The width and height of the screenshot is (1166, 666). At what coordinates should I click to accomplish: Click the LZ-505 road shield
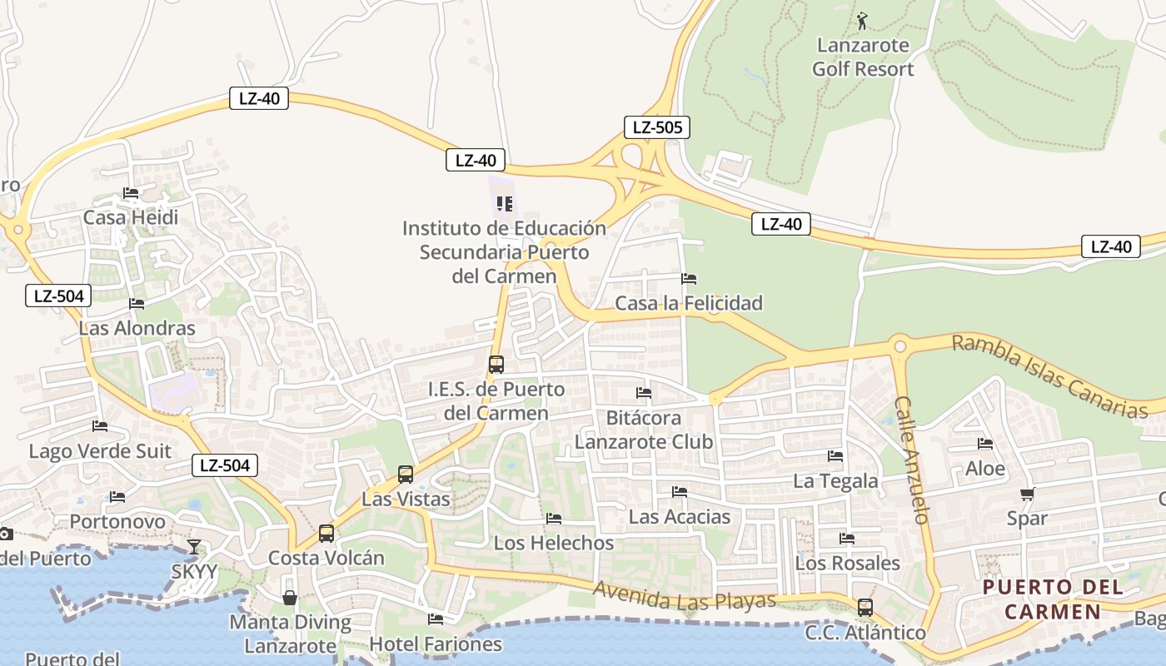656,127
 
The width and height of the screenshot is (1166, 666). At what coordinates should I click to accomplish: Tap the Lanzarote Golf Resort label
863,57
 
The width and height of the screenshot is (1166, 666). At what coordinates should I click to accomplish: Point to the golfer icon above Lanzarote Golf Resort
862,20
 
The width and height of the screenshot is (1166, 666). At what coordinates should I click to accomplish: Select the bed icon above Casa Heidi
131,193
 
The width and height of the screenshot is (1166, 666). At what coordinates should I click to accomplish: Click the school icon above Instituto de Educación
504,203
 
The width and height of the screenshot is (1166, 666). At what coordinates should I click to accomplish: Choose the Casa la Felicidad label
688,303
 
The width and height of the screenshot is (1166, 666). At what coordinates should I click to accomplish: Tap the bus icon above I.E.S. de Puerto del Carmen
496,364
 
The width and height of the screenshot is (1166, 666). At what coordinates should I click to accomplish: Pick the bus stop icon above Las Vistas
406,475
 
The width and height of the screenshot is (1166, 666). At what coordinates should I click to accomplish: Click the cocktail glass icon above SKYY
194,547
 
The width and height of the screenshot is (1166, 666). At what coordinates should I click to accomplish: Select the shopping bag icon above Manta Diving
290,598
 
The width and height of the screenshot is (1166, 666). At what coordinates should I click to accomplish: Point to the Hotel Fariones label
436,644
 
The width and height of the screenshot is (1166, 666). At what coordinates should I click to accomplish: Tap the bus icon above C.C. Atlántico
865,608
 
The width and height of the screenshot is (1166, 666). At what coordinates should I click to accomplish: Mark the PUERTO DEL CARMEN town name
1053,599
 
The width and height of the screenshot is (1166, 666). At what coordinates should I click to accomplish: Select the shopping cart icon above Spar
1027,494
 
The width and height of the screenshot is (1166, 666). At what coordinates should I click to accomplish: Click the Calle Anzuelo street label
911,459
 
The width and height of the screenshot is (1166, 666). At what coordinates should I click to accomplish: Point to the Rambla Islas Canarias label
1050,376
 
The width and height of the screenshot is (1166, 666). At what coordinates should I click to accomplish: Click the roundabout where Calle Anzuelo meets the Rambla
899,346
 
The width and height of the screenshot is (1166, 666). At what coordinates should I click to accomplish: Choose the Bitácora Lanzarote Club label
644,429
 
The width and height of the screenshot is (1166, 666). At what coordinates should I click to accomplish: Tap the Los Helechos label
554,543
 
